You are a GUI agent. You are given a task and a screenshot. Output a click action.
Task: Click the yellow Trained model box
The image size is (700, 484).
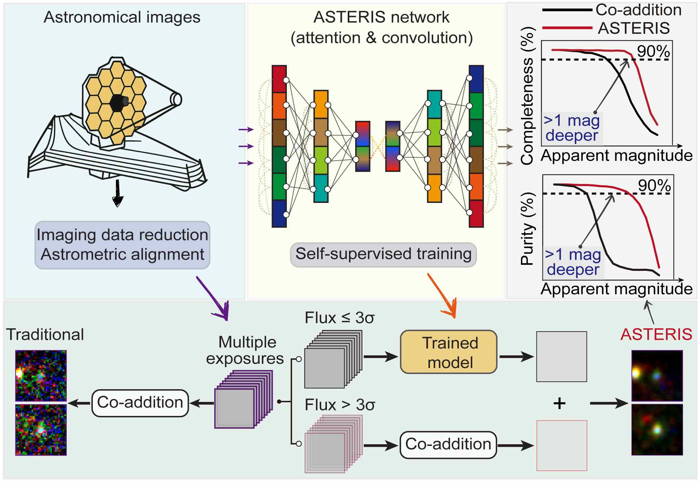tap(449, 352)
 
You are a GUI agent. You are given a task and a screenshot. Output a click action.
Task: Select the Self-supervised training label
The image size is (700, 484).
tap(383, 254)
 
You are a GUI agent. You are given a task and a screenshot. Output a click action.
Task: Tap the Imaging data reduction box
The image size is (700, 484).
tap(122, 245)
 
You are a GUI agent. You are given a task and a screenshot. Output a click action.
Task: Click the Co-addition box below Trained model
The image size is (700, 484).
tap(448, 445)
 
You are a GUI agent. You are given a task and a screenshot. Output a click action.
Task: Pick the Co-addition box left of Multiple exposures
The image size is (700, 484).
tap(140, 403)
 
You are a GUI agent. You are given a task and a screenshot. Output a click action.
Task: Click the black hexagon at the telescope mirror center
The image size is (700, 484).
tap(117, 103)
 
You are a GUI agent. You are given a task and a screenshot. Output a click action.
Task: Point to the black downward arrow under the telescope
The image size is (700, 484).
tap(117, 193)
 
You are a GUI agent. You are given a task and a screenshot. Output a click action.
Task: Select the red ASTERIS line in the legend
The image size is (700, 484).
tap(567, 28)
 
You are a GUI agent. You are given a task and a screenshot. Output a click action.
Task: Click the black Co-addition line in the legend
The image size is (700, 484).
tap(567, 10)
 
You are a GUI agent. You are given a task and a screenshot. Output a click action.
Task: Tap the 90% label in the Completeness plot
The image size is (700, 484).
tap(653, 51)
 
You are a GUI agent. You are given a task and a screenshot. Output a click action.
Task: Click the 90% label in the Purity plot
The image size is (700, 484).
tap(654, 185)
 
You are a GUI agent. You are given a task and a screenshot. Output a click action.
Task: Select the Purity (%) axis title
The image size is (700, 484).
tap(527, 228)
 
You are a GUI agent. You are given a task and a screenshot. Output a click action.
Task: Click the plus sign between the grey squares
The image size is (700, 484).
tap(559, 404)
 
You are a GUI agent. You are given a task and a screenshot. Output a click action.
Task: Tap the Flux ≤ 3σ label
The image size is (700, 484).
tap(339, 318)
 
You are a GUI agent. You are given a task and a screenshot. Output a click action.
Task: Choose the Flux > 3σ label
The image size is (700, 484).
tap(340, 405)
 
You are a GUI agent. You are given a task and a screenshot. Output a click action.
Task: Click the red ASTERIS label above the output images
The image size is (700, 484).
tap(656, 335)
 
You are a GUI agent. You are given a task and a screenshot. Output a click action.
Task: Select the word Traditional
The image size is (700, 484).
tap(45, 335)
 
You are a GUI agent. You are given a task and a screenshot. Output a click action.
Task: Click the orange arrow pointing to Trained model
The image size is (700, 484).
tap(443, 296)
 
